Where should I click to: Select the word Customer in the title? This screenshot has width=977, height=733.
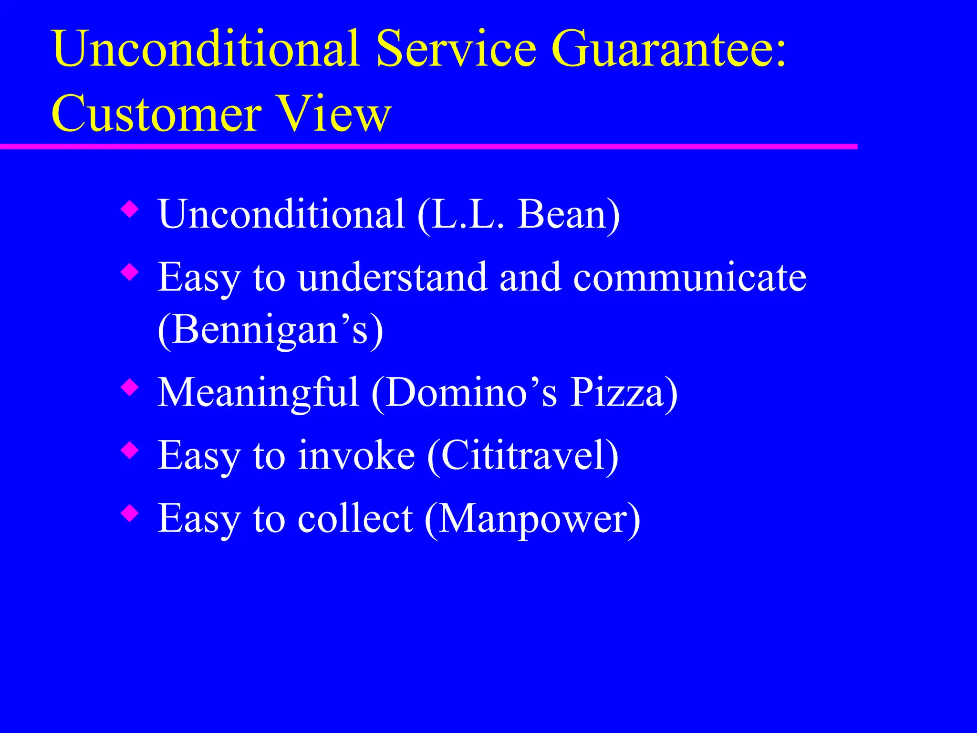[156, 115]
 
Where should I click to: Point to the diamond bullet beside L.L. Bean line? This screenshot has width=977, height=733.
[130, 209]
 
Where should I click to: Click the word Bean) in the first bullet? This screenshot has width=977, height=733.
[569, 214]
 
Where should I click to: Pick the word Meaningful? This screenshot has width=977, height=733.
[258, 393]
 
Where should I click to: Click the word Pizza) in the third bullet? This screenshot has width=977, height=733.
[624, 393]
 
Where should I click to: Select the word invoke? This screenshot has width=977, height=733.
[356, 456]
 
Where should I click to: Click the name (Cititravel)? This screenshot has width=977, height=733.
[523, 456]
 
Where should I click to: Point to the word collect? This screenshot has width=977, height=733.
[355, 519]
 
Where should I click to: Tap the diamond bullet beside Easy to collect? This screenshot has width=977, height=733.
[130, 514]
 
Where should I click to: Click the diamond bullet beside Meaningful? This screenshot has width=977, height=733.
[130, 387]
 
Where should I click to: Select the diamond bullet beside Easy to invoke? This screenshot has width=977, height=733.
[130, 450]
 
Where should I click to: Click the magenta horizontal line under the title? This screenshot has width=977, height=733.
[429, 147]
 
